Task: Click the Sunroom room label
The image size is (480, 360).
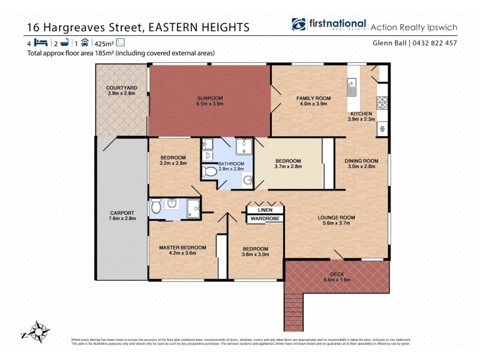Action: (x=210, y=98)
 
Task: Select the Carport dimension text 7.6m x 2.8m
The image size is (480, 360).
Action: (x=122, y=218)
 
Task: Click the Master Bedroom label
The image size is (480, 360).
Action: (x=182, y=247)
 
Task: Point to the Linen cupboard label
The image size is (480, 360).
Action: (x=265, y=210)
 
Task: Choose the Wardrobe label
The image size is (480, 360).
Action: (x=265, y=219)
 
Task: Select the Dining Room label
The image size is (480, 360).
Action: (x=361, y=160)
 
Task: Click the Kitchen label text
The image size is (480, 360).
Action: (x=361, y=113)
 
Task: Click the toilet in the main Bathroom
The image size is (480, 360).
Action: (x=210, y=172)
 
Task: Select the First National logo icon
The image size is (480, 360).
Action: (x=299, y=25)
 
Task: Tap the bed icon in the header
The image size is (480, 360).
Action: (x=41, y=43)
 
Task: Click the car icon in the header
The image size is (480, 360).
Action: (x=85, y=43)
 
